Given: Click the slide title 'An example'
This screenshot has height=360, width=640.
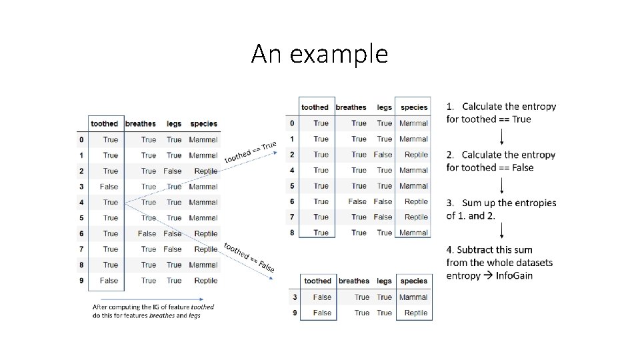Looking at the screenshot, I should click(x=319, y=54).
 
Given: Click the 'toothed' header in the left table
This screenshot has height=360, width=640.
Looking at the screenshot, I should click(x=104, y=123).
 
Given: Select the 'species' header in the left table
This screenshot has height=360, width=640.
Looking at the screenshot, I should click(x=203, y=123).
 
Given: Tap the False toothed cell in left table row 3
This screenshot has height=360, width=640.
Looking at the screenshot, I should click(x=109, y=187).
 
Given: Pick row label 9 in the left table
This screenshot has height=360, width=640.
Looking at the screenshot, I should click(x=81, y=281).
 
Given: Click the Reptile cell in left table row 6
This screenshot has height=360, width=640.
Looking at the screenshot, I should click(x=205, y=234).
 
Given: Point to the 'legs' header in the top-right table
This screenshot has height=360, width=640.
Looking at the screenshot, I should click(x=384, y=107).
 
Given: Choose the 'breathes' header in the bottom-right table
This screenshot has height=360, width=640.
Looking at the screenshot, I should click(x=353, y=281).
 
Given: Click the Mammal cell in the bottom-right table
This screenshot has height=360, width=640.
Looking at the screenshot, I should click(x=413, y=297).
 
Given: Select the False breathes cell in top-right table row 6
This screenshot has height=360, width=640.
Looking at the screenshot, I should click(x=357, y=201).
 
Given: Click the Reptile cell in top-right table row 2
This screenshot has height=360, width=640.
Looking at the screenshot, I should click(x=416, y=155).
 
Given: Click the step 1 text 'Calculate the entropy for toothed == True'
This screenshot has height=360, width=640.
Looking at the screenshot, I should click(x=501, y=113).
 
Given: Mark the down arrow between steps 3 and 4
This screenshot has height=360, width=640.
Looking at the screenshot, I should click(x=501, y=231).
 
